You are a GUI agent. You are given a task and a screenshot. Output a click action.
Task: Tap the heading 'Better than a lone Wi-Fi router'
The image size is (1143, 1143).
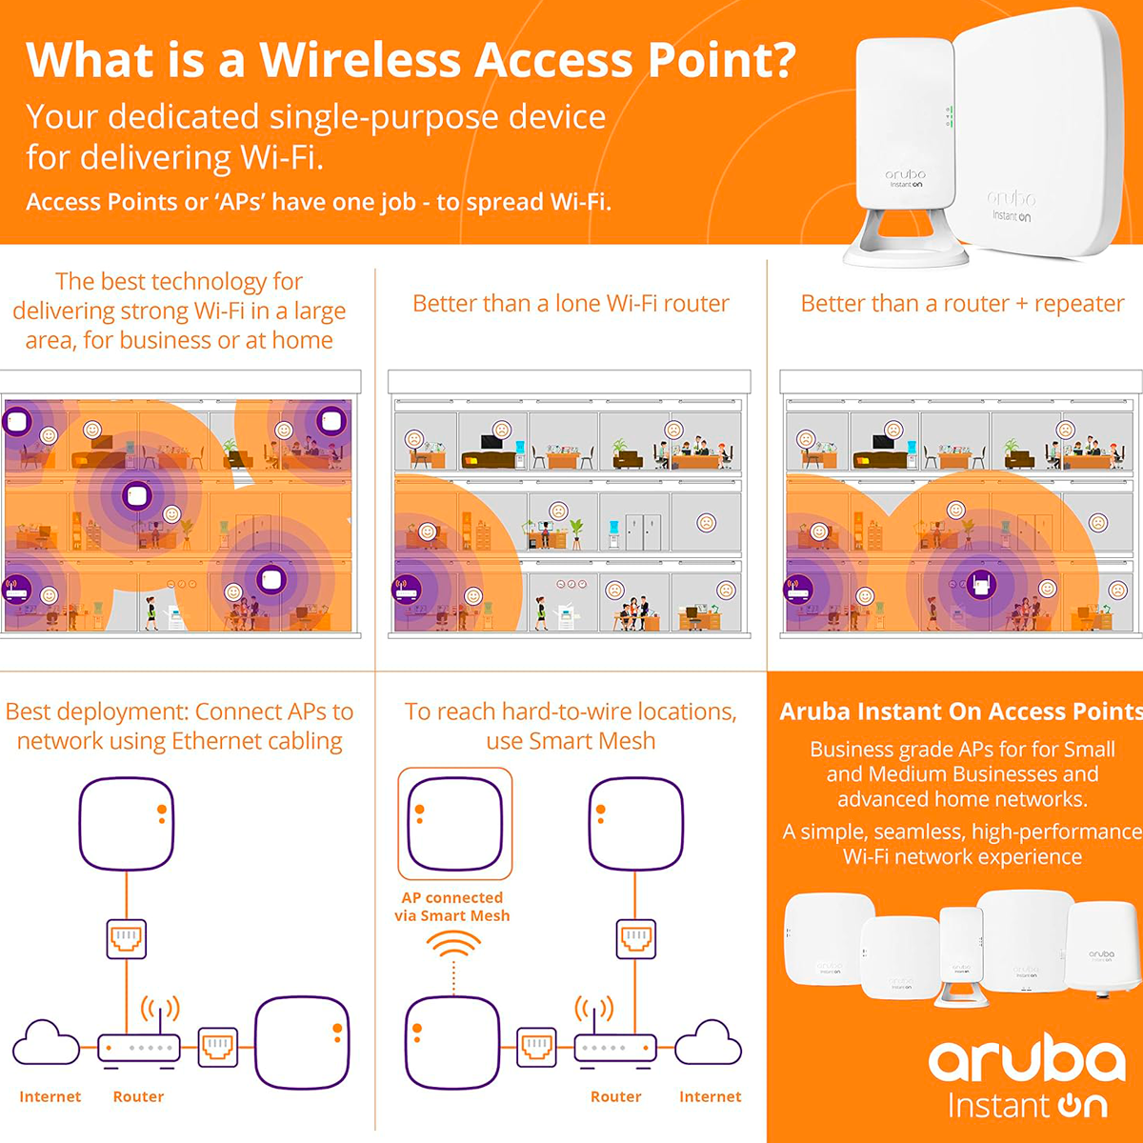[x=571, y=304]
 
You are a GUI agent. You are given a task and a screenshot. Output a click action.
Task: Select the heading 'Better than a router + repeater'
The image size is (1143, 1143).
[x=962, y=304]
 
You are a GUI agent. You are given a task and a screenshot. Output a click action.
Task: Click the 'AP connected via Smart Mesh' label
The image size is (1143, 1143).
[x=452, y=907]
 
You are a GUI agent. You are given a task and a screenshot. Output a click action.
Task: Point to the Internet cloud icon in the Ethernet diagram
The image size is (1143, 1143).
[x=46, y=1042]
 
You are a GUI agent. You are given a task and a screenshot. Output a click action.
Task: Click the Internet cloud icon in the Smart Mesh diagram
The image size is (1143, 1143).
[x=707, y=1042]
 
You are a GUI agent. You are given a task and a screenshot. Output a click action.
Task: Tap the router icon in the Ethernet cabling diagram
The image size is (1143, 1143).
[x=139, y=1047]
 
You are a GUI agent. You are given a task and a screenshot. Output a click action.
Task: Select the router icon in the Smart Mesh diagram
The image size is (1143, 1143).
[x=614, y=1047]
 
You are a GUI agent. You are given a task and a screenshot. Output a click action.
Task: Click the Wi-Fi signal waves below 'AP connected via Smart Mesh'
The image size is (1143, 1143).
[x=453, y=946]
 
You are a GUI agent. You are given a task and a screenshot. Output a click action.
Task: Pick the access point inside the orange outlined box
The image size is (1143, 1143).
[x=454, y=823]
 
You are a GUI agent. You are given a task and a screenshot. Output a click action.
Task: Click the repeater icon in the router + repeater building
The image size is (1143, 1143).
[x=978, y=584]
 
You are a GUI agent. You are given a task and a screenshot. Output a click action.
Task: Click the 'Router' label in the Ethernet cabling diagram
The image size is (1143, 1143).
[x=138, y=1097]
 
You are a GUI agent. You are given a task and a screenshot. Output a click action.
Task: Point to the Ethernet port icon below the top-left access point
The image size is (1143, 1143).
[x=127, y=939]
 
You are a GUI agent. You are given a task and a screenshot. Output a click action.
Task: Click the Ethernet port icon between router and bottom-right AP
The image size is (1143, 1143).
[x=218, y=1047]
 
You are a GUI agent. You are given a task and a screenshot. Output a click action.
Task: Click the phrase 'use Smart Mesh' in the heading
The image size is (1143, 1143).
[x=571, y=741]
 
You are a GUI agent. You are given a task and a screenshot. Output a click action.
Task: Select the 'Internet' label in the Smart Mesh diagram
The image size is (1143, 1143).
[x=710, y=1097]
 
